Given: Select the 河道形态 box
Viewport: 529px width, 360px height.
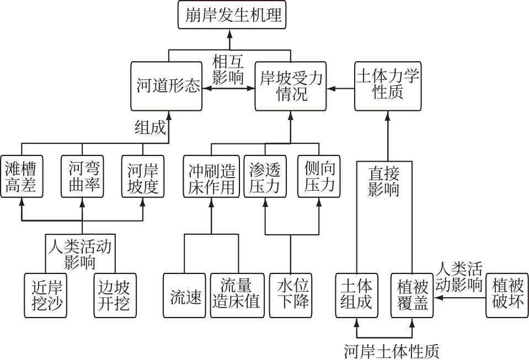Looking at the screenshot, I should pos(168,85).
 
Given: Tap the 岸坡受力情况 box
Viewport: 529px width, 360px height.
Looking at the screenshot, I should pos(291,85).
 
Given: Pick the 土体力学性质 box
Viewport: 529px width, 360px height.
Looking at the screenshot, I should pos(387,85).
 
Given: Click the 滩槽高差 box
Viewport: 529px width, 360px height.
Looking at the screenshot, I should pos(22,176).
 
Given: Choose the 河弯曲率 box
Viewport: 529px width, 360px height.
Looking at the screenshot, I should pos(83,176).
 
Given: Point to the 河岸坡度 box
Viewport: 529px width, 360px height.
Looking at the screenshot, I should pos(143,176).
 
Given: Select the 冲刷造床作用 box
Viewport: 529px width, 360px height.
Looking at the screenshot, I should pos(211,176).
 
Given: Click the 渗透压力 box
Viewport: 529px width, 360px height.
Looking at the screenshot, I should pos(265,176).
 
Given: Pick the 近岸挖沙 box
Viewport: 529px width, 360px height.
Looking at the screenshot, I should pos(46,295).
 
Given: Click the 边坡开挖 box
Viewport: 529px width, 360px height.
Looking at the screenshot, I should pos(114,295).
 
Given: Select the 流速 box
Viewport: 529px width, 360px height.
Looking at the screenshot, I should pos(184,295).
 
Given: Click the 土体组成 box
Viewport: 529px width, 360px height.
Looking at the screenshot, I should pos(356,295).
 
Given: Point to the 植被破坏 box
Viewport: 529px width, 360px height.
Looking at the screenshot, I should pos(506,295).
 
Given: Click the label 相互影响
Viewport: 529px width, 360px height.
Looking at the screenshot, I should pos(228,68).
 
